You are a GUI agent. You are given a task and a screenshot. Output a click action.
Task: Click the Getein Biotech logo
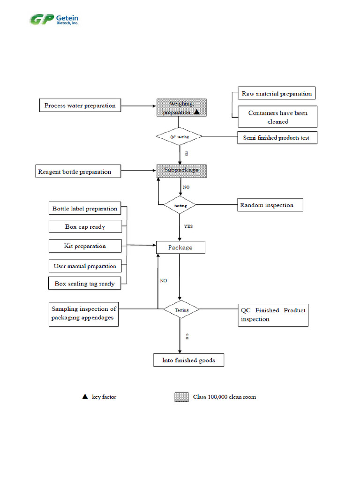54,20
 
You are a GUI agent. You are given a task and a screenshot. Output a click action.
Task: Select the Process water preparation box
80,105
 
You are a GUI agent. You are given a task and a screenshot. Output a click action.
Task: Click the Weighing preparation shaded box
181,108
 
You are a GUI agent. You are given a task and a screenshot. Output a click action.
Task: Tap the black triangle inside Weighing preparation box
197,112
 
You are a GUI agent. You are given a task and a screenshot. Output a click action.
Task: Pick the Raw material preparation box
277,93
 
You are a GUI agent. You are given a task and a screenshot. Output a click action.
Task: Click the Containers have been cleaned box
277,117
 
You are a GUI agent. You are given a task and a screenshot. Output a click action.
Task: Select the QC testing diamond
180,136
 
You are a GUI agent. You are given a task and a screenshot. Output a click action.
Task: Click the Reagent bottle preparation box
78,172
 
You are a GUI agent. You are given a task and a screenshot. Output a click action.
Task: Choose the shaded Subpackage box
181,171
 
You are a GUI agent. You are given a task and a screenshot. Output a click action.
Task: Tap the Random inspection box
270,205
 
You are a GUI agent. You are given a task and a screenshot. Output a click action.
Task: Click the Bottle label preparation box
85,209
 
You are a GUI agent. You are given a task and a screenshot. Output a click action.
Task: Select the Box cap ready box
85,226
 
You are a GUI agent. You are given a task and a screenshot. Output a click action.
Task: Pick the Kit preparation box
85,246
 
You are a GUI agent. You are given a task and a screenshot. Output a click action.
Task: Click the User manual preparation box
85,266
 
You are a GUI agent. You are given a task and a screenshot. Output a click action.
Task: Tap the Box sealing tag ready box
84,283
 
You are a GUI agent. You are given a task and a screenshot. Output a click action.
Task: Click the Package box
180,247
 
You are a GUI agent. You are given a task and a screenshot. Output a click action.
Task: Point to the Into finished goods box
189,360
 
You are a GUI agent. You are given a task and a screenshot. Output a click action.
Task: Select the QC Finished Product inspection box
274,315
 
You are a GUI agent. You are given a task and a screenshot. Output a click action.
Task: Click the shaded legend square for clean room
181,397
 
